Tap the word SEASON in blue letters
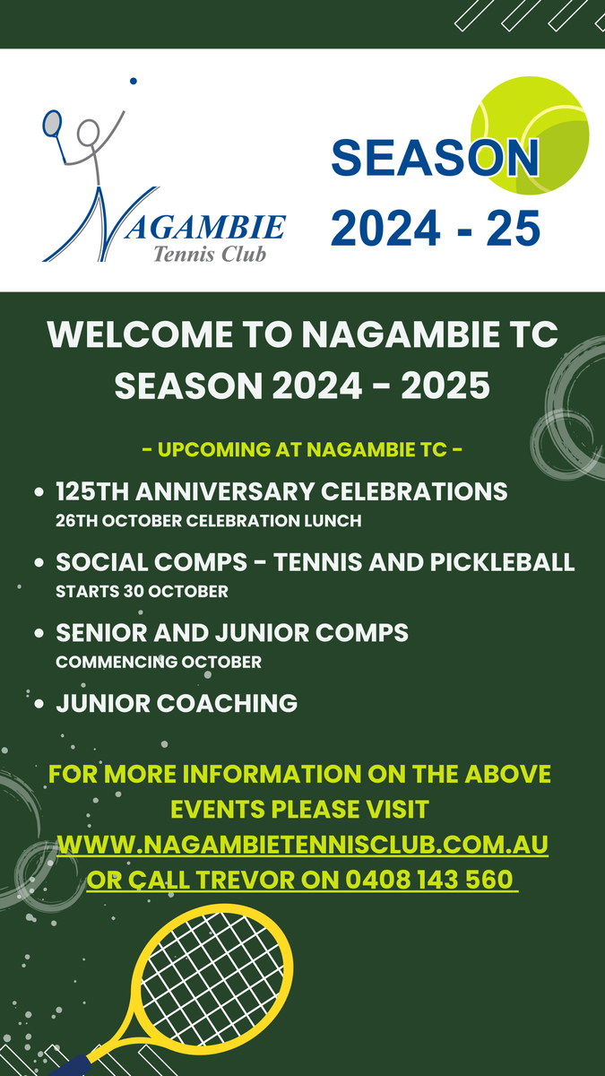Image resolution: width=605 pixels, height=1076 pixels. coord(435,158)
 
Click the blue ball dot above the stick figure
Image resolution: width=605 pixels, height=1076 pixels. coord(133,81)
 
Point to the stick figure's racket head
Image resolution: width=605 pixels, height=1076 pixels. coord(52,123)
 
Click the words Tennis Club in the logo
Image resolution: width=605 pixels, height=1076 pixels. coord(210,254)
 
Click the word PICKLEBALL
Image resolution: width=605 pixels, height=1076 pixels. coord(502,562)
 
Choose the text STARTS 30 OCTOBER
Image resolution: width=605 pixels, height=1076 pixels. coord(142,591)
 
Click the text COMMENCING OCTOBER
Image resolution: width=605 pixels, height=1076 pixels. coord(159,662)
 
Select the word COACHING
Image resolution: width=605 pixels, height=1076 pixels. coord(227,703)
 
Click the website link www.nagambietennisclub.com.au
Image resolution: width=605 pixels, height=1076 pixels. coord(303,845)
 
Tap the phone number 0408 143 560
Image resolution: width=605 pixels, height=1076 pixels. coord(429,880)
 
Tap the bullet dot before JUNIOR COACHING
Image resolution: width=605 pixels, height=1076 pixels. coord(39,704)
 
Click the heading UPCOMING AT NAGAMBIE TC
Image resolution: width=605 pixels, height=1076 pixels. coord(303,449)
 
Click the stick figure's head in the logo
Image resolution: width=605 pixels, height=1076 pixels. coord(89,132)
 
